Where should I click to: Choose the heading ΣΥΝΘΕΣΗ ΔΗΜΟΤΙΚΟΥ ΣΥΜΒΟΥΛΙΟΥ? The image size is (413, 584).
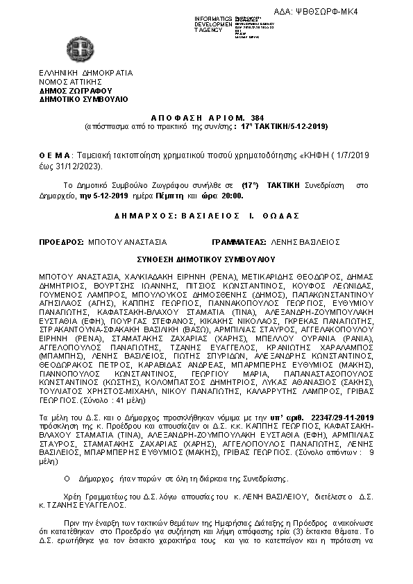(206, 259)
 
